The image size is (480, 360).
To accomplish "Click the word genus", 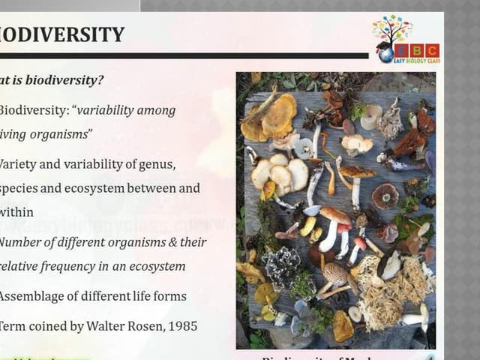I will coord(154,164).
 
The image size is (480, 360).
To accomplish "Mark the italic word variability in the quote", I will coord(106,110).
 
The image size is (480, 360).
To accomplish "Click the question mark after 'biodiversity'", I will coord(101,80).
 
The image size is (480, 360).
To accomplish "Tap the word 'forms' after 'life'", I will coord(169,296).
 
